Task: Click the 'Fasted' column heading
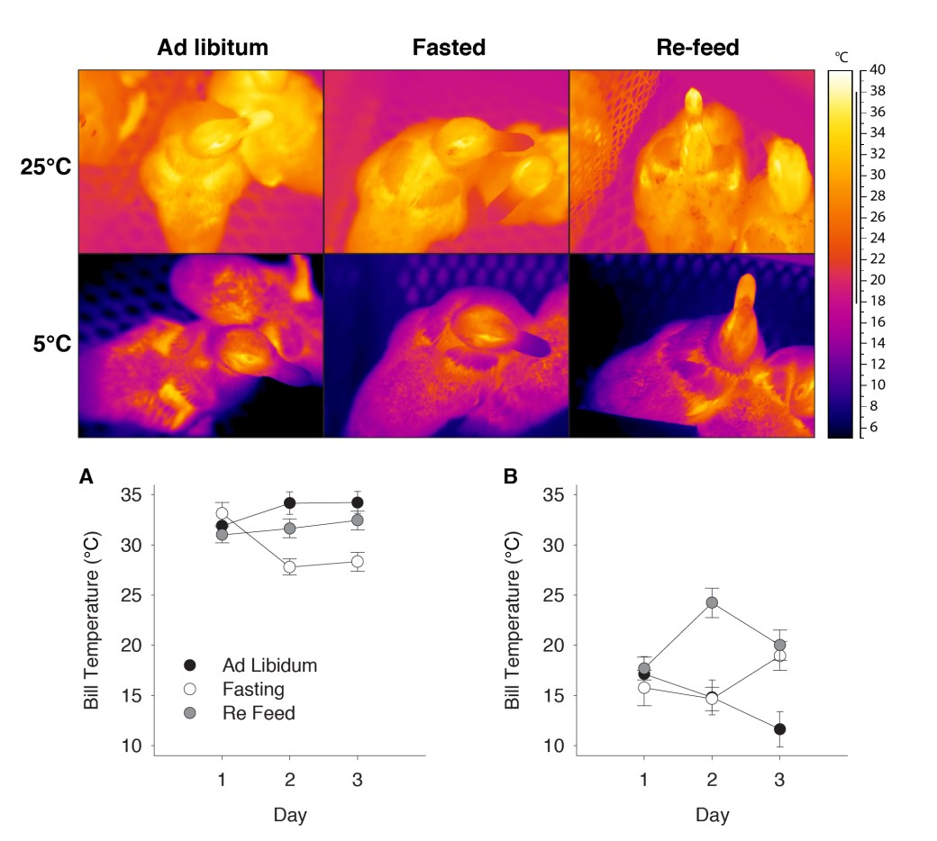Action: tap(449, 48)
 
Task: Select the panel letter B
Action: tap(510, 477)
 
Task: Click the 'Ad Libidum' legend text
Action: tap(270, 665)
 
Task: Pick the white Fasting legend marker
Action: tap(189, 690)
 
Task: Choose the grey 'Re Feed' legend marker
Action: tap(189, 714)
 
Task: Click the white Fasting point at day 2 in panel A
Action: tap(289, 567)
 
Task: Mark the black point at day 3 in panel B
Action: tap(779, 728)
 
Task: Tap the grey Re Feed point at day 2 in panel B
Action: tap(711, 602)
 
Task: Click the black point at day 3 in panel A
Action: tap(357, 502)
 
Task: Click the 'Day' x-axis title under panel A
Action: tap(289, 816)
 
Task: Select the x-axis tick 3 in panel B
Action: tap(779, 776)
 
